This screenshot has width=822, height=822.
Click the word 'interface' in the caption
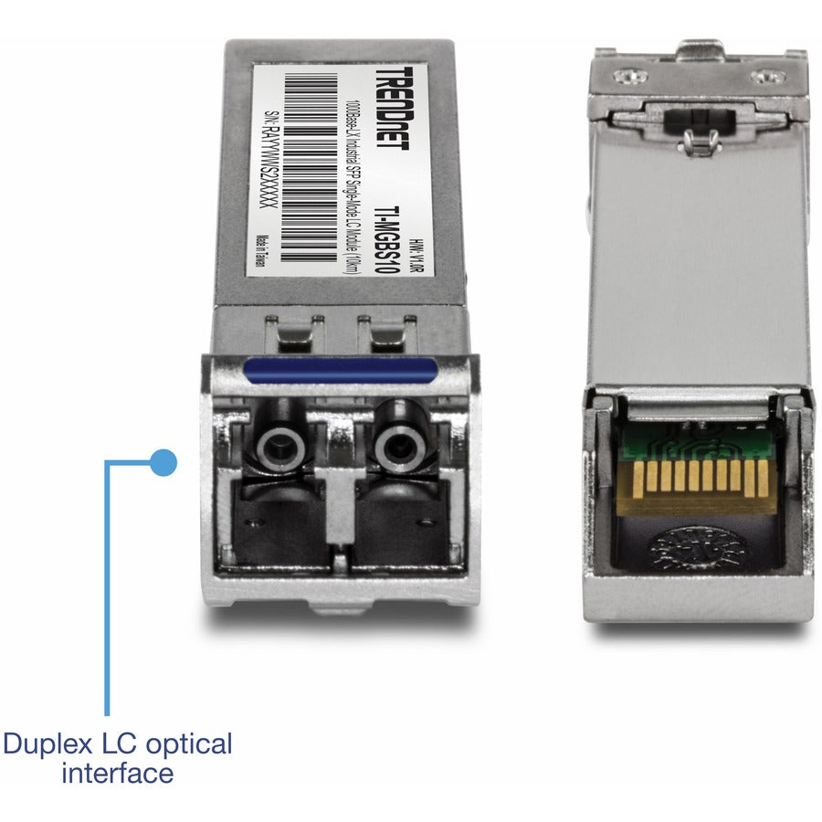click(x=117, y=774)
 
